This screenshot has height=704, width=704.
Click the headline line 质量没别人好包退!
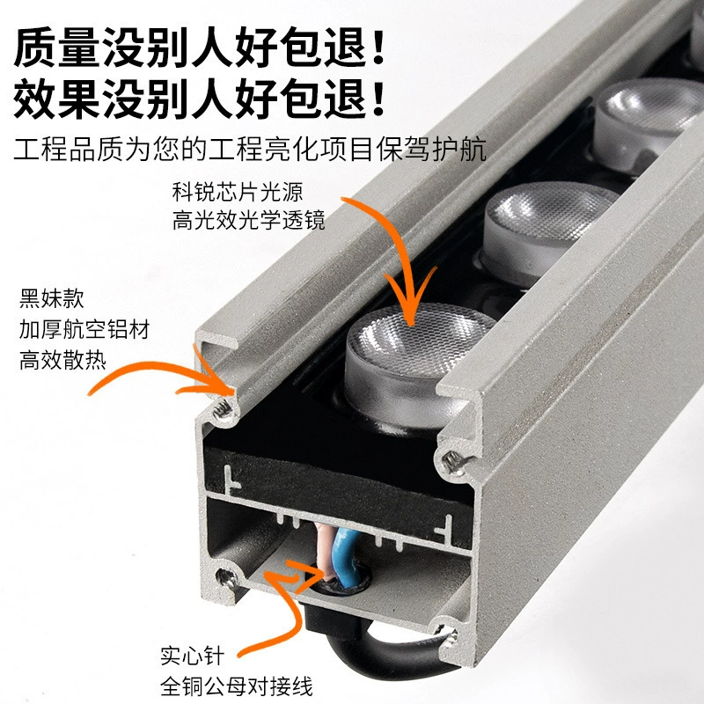click(x=199, y=47)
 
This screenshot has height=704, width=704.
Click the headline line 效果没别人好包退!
click(x=199, y=99)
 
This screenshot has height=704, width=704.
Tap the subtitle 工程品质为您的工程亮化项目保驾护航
click(x=250, y=150)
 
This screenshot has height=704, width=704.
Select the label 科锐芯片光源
click(x=238, y=192)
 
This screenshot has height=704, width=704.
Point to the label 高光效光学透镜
click(x=248, y=220)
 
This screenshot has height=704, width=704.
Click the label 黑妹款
click(x=52, y=298)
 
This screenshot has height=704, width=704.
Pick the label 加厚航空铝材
click(x=84, y=329)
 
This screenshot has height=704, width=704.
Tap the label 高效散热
click(x=62, y=360)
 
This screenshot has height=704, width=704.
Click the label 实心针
click(x=192, y=656)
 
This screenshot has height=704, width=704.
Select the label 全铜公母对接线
click(x=236, y=686)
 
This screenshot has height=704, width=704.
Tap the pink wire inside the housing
click(x=323, y=550)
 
